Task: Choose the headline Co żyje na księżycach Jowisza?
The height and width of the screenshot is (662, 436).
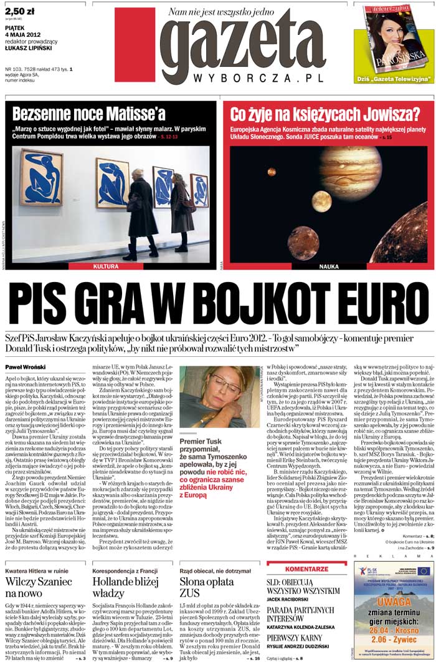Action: point(316,114)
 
